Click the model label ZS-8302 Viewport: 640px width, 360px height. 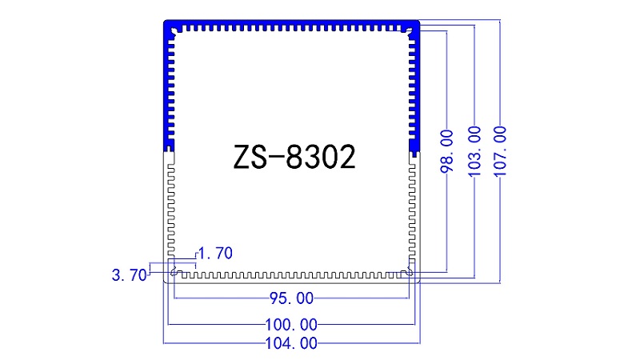294,158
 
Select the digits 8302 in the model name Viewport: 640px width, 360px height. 320,158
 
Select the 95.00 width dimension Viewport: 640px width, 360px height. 291,299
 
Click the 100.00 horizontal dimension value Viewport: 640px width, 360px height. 291,325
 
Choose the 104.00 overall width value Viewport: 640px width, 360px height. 291,343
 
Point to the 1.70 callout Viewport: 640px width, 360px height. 214,254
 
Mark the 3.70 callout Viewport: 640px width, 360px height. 128,275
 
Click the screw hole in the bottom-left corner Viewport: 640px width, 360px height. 174,272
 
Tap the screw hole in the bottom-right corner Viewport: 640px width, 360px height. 410,272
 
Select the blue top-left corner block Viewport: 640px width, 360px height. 170,30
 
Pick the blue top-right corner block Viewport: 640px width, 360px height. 414,30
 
